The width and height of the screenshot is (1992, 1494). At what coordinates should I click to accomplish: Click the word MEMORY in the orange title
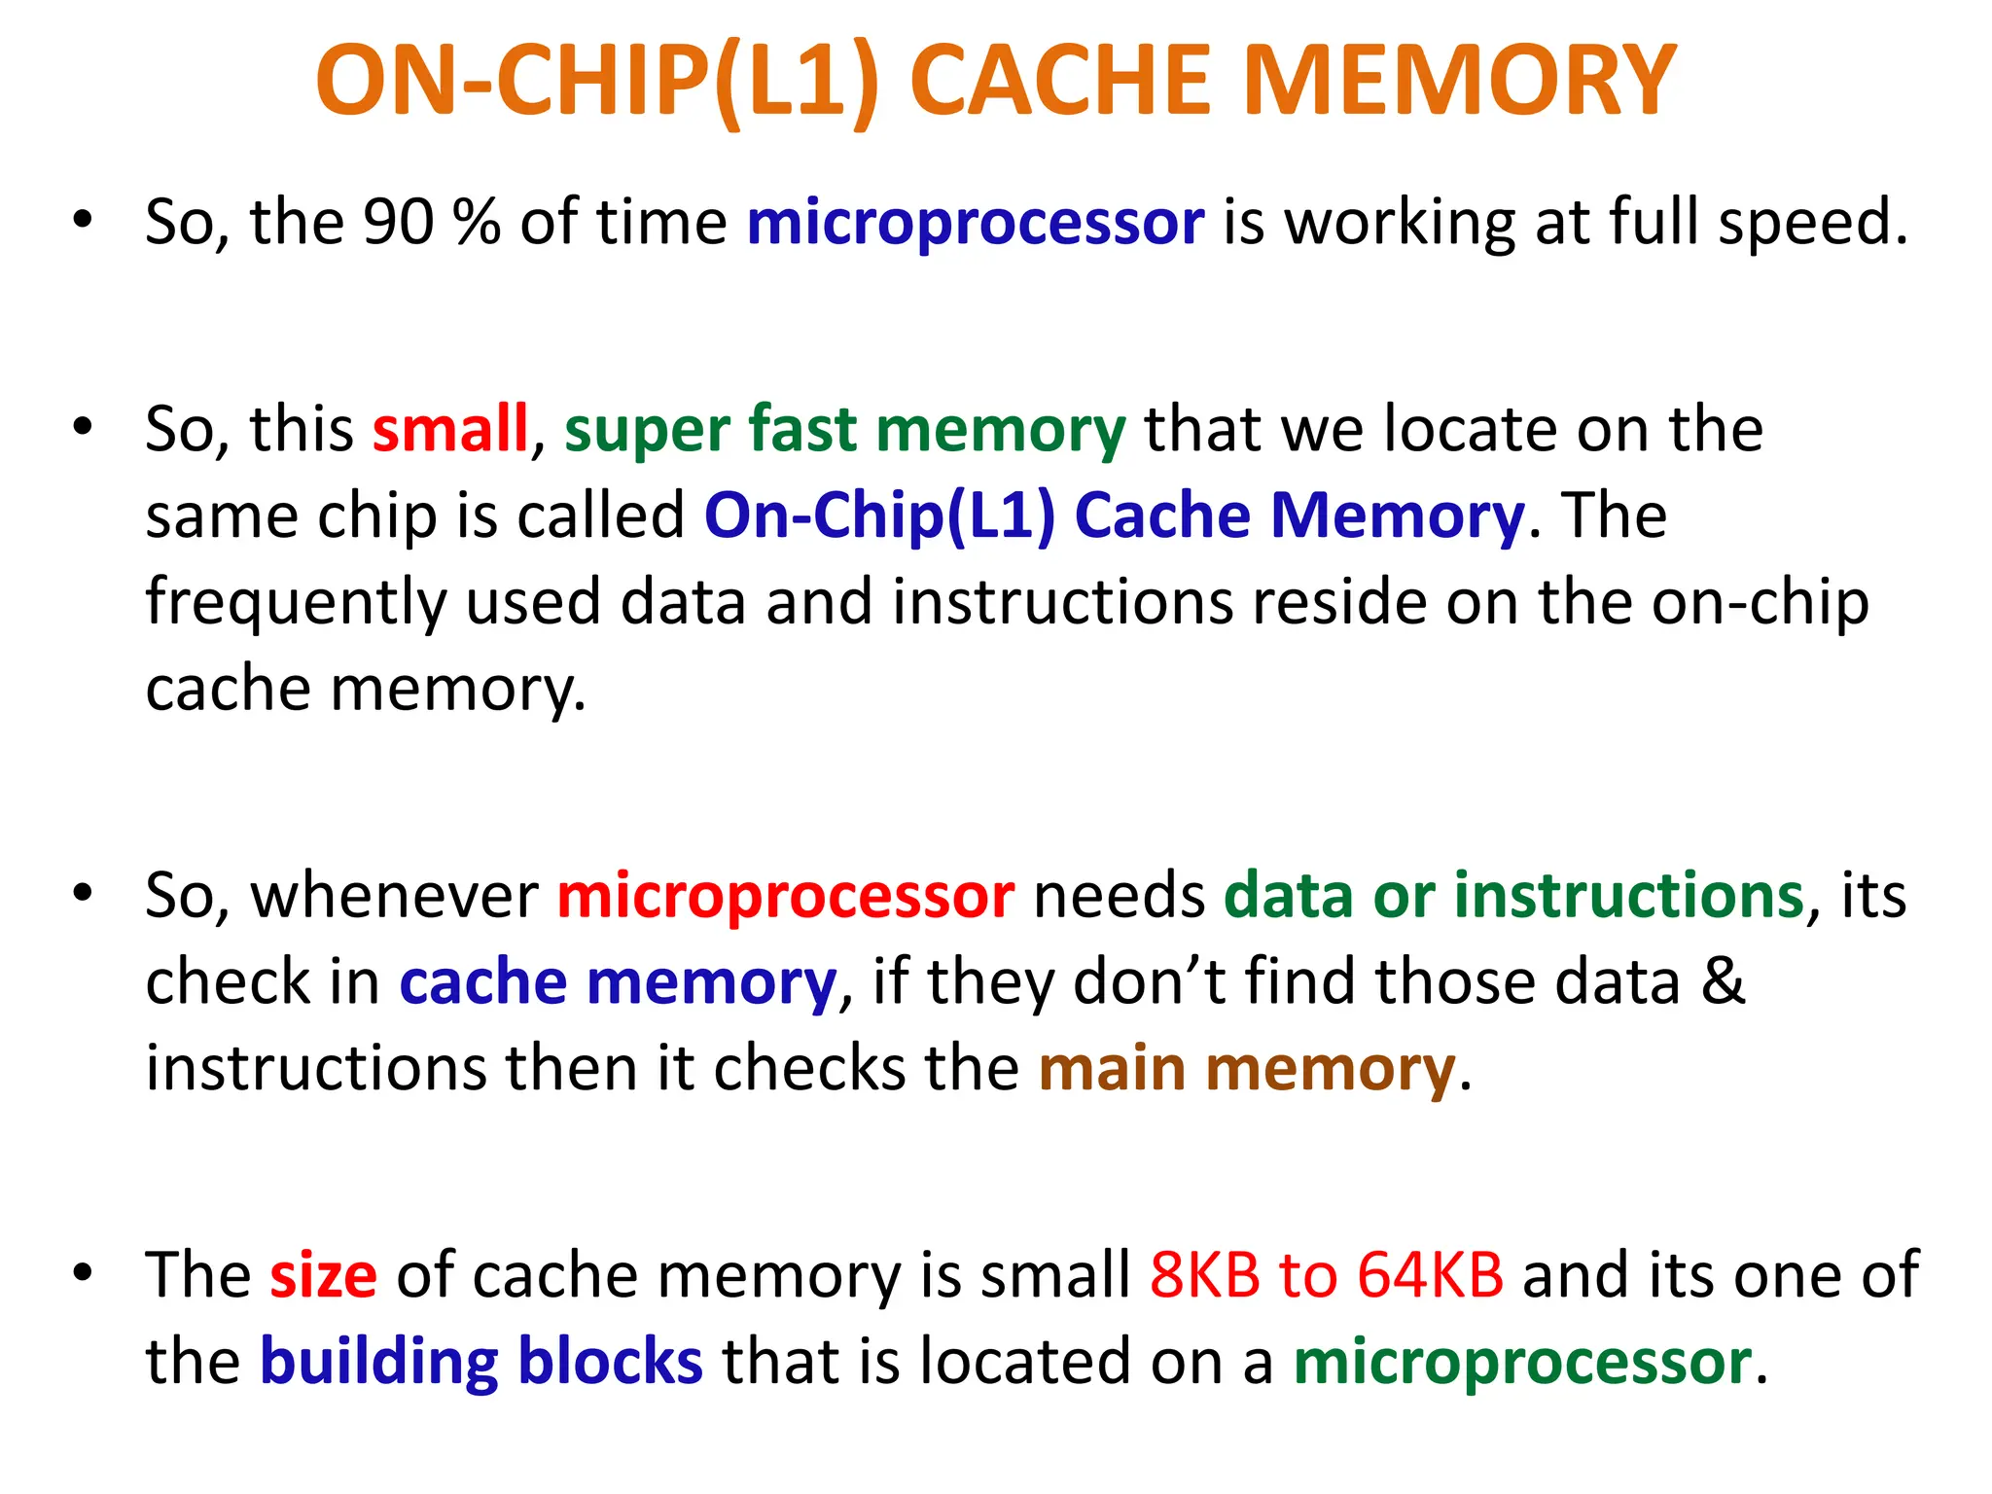click(x=1459, y=82)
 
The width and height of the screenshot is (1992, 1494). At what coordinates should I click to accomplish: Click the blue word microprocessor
click(x=976, y=223)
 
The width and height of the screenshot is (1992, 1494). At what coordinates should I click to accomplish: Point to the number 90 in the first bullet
click(x=398, y=223)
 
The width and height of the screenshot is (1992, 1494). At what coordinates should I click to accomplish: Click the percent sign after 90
click(x=477, y=223)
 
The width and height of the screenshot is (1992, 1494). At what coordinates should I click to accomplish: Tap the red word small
click(x=449, y=429)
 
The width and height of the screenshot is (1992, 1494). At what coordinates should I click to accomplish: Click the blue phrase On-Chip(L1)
click(x=878, y=516)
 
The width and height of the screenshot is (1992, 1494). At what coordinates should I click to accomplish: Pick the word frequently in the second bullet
click(x=296, y=603)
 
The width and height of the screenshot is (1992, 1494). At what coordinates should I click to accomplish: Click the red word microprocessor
click(x=786, y=896)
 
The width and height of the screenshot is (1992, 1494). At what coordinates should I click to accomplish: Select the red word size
click(x=323, y=1275)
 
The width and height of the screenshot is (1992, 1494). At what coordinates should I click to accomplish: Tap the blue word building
click(x=379, y=1362)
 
